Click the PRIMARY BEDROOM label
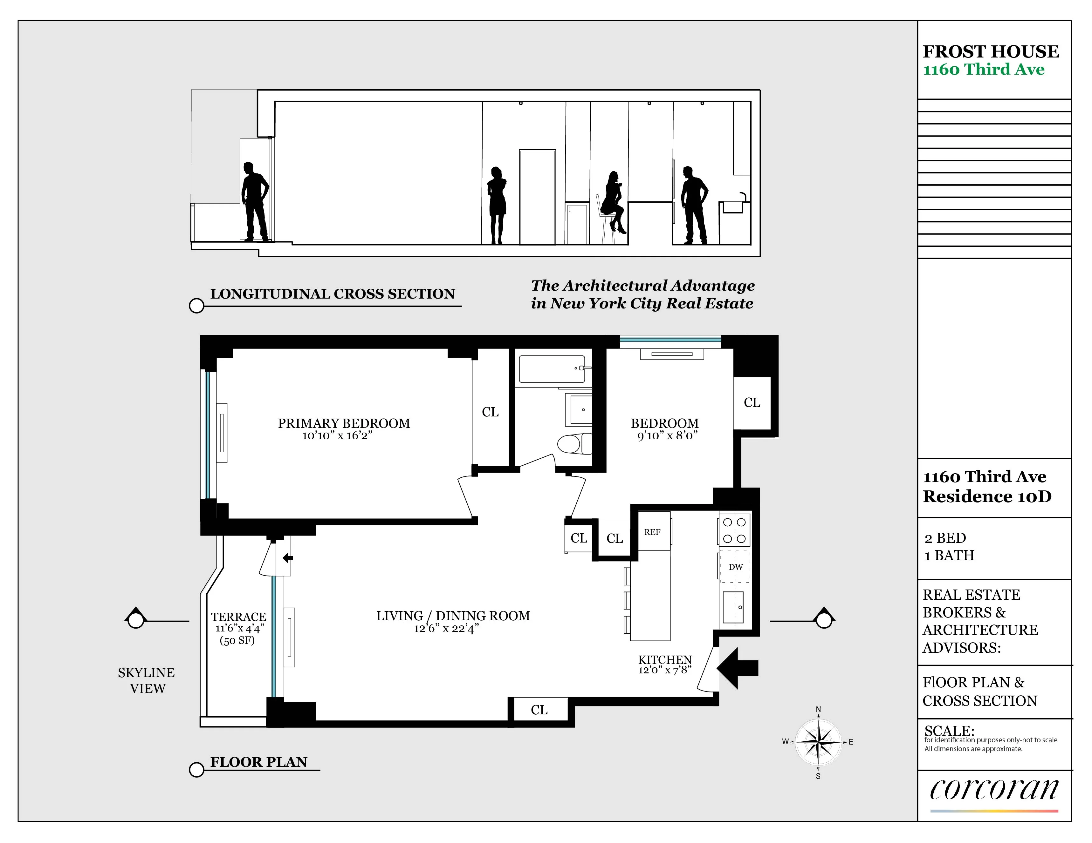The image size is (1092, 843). click(344, 423)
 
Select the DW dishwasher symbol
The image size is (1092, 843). click(735, 567)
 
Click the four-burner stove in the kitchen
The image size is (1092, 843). click(734, 530)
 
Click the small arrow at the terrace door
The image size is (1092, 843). click(287, 558)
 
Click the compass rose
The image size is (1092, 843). click(818, 742)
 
